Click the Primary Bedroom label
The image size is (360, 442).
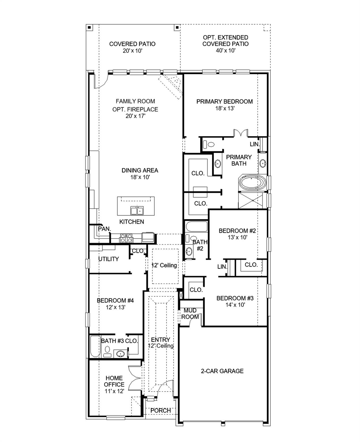click(224, 102)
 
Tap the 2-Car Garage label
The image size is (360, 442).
click(222, 371)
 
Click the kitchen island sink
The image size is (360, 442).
click(137, 211)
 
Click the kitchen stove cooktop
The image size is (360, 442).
click(126, 238)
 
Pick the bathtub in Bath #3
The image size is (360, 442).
click(94, 346)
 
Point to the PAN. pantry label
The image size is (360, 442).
click(104, 229)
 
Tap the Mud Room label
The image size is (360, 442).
click(190, 314)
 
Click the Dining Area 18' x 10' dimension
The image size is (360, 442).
click(140, 177)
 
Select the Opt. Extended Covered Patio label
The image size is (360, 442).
click(225, 41)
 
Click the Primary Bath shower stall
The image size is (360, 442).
click(251, 200)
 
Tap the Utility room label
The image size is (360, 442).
click(109, 259)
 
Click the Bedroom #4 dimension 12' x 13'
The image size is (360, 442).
click(115, 307)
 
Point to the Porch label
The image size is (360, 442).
click(160, 410)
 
